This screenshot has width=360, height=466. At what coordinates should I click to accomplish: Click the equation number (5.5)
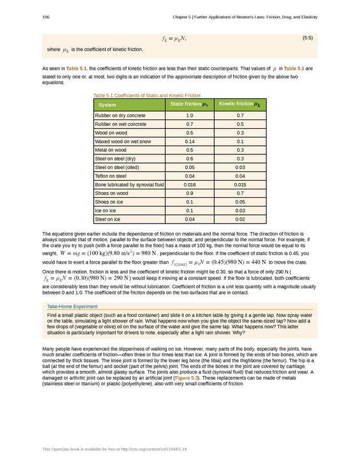(x=307, y=38)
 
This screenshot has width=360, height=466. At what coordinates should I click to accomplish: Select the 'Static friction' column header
(x=189, y=104)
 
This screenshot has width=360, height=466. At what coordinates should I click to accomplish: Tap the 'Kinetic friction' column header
(x=240, y=104)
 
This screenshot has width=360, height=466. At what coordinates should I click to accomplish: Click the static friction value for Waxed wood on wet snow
(x=190, y=141)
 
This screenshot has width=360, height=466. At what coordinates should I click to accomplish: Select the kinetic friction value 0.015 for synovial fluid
(x=240, y=185)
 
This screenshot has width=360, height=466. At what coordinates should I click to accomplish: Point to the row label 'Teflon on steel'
(x=111, y=176)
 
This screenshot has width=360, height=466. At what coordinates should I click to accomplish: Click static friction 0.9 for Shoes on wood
(x=190, y=193)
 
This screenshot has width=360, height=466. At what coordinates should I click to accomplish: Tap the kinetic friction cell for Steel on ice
(x=240, y=219)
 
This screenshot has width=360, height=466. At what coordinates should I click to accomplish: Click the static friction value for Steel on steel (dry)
(x=190, y=158)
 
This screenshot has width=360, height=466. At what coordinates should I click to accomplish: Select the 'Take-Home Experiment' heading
(x=72, y=306)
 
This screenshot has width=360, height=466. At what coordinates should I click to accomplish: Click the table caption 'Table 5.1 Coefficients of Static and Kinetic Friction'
(x=146, y=95)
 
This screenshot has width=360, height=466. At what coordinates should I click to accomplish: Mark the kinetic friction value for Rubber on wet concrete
(x=240, y=124)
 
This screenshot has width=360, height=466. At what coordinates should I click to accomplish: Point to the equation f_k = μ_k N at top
(x=174, y=39)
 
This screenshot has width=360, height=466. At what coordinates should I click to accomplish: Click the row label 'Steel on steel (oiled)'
(x=119, y=168)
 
